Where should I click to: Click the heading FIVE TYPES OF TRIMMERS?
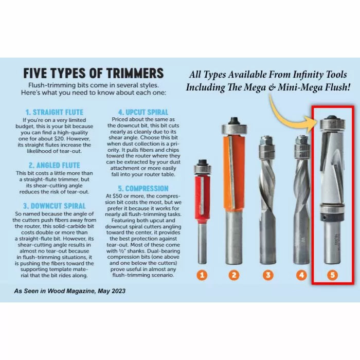pyautogui.click(x=94, y=73)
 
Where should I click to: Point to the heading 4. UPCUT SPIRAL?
pyautogui.click(x=142, y=111)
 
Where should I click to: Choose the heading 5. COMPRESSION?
pyautogui.click(x=142, y=188)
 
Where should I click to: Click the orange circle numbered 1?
pyautogui.click(x=202, y=275)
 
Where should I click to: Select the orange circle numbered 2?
pyautogui.click(x=234, y=275)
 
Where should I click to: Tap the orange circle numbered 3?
pyautogui.click(x=267, y=275)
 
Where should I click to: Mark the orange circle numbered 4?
pyautogui.click(x=300, y=275)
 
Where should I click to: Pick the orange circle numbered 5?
pyautogui.click(x=332, y=275)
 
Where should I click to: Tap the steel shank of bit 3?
pyautogui.click(x=267, y=242)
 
